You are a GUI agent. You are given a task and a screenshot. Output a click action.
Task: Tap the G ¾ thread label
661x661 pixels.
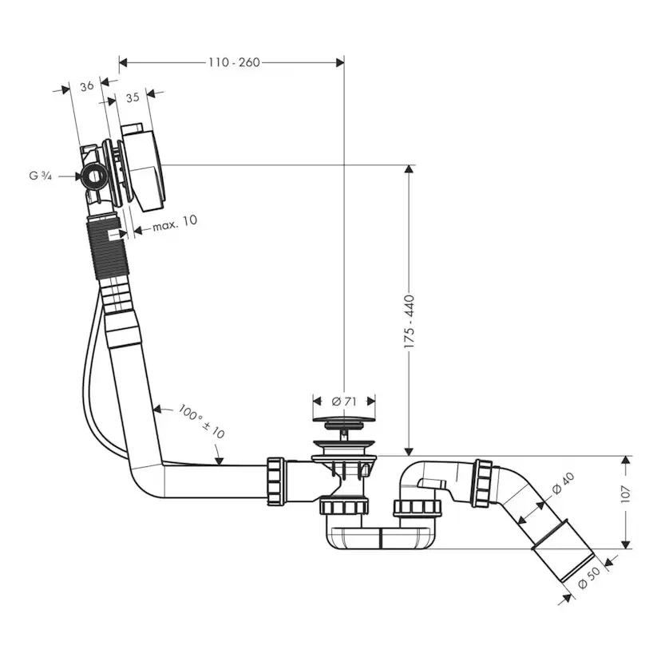point(42,176)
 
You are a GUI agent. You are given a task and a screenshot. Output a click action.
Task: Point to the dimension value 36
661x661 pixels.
point(88,85)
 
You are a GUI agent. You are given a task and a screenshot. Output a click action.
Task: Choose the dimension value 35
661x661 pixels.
point(133,97)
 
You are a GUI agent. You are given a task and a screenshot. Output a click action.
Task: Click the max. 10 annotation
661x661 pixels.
point(174,223)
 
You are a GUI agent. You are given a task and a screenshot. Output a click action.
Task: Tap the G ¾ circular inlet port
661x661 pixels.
point(94,175)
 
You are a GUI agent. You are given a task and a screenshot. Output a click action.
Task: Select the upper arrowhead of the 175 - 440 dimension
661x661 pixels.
point(410,170)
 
